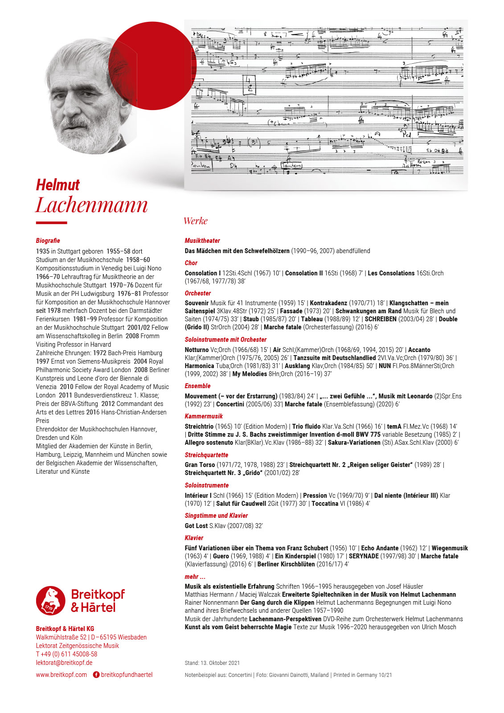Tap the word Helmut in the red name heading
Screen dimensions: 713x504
[58, 185]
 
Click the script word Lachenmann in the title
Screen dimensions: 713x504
[92, 205]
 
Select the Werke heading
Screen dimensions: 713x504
[195, 221]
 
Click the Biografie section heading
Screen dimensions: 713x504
[48, 241]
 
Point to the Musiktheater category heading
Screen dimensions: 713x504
[202, 241]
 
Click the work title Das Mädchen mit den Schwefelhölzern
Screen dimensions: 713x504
[237, 251]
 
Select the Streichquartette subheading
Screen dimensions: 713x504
[206, 455]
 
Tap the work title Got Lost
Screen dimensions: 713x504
[196, 526]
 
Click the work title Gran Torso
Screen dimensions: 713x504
[200, 465]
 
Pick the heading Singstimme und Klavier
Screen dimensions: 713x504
[216, 516]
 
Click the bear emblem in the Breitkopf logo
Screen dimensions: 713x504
[50, 601]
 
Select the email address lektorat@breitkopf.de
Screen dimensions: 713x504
[64, 663]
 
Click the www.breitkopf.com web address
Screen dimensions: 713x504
[61, 675]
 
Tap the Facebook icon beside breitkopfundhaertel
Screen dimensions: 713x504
[96, 675]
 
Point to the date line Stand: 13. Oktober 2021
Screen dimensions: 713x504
[212, 663]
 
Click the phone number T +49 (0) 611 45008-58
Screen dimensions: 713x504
[66, 654]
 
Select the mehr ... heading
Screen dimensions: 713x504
[195, 577]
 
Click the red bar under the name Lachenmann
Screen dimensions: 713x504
[51, 223]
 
